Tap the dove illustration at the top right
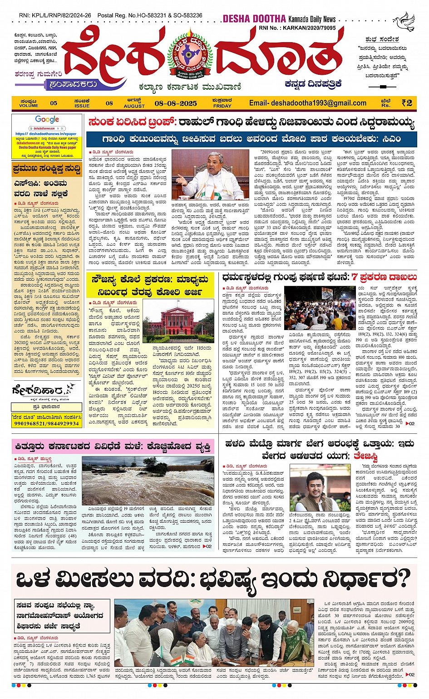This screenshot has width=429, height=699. (x=404, y=21)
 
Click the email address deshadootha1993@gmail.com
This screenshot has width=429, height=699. (x=308, y=103)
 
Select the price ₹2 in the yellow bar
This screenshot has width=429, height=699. (x=407, y=103)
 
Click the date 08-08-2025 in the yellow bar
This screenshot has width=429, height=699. (x=176, y=103)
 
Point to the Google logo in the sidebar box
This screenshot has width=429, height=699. (x=47, y=120)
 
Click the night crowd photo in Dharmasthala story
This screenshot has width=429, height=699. (x=320, y=308)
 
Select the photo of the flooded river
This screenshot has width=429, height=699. (x=148, y=481)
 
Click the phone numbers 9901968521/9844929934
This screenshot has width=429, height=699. (x=47, y=423)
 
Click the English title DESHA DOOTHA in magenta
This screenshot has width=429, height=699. (x=254, y=19)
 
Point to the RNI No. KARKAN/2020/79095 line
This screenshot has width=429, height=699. (x=297, y=28)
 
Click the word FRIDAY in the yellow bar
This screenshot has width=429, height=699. (x=222, y=106)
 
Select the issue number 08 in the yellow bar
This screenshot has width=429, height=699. (x=109, y=103)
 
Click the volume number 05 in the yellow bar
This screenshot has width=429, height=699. (x=54, y=103)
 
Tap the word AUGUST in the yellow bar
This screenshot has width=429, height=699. (x=134, y=106)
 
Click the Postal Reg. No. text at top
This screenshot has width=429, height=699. (x=150, y=15)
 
